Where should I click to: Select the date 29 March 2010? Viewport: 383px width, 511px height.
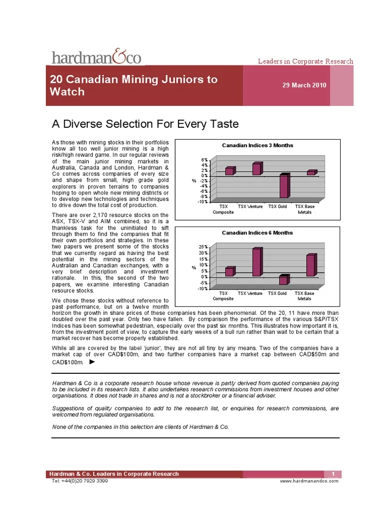click(304, 85)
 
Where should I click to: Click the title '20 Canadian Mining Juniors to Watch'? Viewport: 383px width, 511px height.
click(134, 85)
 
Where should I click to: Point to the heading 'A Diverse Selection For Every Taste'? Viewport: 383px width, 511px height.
click(146, 124)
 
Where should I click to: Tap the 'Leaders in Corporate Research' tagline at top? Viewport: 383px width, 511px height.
click(305, 61)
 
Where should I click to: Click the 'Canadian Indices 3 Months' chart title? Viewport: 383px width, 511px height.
click(257, 145)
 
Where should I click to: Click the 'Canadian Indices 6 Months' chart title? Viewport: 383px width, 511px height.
click(257, 233)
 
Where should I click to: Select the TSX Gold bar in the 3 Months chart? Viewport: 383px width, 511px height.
click(284, 186)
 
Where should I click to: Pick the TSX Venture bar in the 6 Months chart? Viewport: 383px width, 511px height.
click(256, 262)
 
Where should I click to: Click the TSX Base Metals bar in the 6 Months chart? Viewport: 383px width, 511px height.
click(311, 265)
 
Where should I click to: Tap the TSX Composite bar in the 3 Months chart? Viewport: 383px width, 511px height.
click(229, 171)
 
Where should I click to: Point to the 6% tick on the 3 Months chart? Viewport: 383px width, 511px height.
click(205, 160)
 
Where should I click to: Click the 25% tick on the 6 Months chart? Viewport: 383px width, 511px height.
click(204, 247)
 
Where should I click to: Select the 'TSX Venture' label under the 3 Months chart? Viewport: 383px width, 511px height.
click(250, 207)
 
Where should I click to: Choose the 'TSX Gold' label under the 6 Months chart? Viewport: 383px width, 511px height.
click(278, 293)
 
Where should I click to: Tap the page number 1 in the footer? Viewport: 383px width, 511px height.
click(332, 474)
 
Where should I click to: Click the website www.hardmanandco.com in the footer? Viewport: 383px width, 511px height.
click(309, 481)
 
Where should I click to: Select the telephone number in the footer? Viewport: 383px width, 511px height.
click(80, 481)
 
